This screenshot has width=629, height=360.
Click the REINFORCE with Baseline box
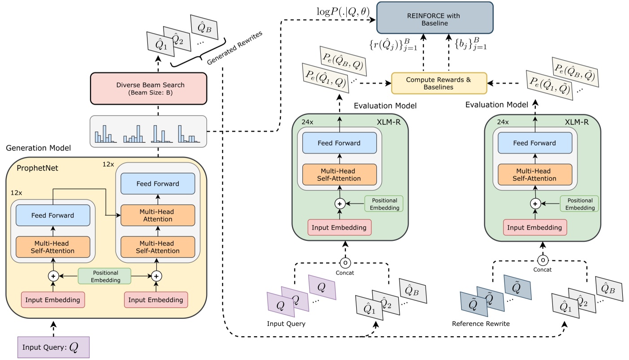click(x=434, y=17)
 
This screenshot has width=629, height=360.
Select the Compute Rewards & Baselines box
click(x=439, y=83)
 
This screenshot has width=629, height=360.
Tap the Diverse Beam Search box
click(x=148, y=88)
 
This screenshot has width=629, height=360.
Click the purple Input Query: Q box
click(x=53, y=347)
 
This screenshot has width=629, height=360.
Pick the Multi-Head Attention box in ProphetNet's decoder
click(x=157, y=215)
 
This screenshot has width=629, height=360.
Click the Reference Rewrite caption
click(x=481, y=324)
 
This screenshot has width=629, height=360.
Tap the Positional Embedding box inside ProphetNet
click(x=104, y=276)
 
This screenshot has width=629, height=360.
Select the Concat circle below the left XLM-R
click(x=345, y=262)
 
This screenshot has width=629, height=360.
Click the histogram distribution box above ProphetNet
click(x=148, y=131)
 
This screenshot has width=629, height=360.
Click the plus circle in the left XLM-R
click(x=339, y=203)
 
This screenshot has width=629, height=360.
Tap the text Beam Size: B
click(x=148, y=94)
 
